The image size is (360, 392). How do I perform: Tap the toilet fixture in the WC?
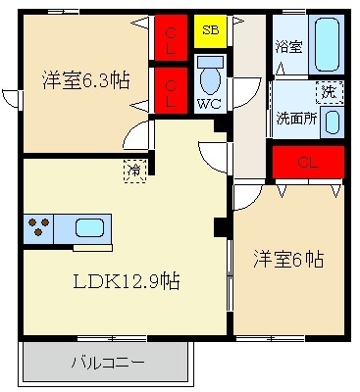pos(209,75)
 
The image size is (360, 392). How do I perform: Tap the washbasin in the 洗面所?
pos(333,122)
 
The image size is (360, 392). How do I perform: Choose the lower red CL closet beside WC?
pos(171,93)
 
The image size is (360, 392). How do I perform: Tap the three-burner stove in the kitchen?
pos(39,229)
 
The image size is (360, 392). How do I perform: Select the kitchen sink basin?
pos(89,229)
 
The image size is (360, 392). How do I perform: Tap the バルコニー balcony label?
pos(106,364)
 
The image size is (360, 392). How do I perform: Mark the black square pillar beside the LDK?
pos(221,227)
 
